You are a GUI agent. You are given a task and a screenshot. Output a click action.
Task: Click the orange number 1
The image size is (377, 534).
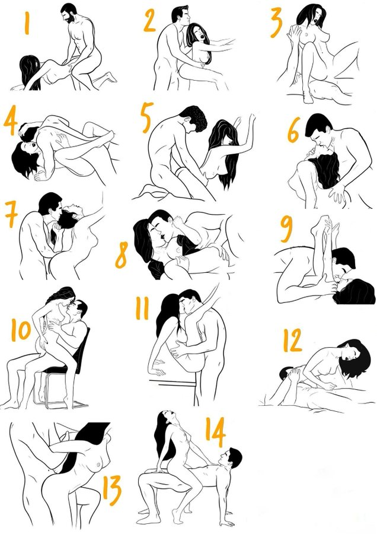[x=27, y=23]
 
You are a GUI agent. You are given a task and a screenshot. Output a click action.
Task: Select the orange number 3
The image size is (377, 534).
[x=277, y=23]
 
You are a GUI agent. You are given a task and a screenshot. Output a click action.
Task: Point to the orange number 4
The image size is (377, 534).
[x=11, y=120]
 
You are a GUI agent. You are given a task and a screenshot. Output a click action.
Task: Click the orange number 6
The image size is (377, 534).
[x=294, y=130]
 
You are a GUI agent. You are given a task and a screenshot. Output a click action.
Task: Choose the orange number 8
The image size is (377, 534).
[x=122, y=255]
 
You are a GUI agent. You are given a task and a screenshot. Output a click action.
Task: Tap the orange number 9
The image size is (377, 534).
[x=287, y=230]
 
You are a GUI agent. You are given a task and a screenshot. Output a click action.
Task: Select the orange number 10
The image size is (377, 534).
[x=21, y=330]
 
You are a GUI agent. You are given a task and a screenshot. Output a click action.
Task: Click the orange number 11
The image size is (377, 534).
[x=142, y=309]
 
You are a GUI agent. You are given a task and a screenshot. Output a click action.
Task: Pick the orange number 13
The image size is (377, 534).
[x=112, y=491]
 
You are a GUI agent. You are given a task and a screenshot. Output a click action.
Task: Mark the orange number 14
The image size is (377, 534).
[x=215, y=432]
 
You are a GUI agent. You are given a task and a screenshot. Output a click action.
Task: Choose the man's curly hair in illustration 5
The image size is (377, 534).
[x=194, y=118]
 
